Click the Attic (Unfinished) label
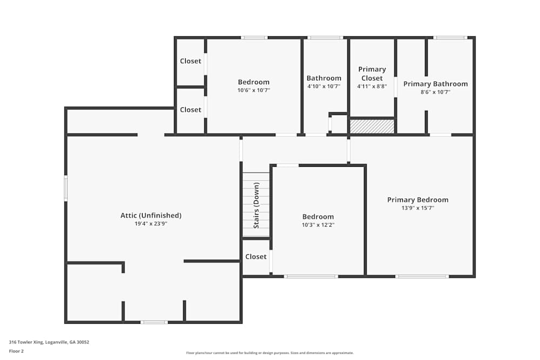(151, 215)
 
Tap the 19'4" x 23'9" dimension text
(151, 223)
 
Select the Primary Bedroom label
(418, 200)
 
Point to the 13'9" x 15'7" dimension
(418, 208)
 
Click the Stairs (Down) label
(256, 206)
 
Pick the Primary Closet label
(372, 73)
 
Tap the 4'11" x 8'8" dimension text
(372, 86)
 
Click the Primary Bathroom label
(436, 84)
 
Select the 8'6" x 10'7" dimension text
(435, 92)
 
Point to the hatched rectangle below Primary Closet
(372, 126)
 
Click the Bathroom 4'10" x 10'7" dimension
(323, 86)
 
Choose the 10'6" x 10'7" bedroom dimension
(254, 90)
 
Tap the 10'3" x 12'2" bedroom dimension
(318, 225)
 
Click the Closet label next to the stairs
(256, 256)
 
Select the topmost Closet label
(191, 61)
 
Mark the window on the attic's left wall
(66, 188)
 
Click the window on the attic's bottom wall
(154, 322)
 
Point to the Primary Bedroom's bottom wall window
(422, 276)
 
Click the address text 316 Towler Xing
(26, 342)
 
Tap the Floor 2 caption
(16, 351)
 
